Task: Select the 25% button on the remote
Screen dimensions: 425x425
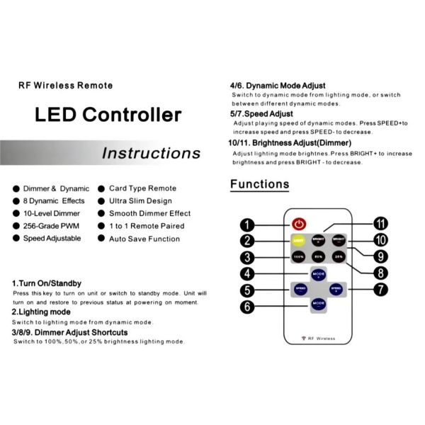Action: (339, 256)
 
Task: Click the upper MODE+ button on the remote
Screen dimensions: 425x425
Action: (318, 273)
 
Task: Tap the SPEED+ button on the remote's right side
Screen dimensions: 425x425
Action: (337, 289)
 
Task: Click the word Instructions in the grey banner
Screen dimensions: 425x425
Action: (151, 153)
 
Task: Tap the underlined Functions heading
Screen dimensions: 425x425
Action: (259, 184)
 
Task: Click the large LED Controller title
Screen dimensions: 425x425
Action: (108, 115)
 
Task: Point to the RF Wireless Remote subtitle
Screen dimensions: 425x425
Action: (65, 86)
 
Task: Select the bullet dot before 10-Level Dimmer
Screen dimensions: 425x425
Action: (16, 213)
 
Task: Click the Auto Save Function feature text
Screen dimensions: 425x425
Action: (144, 239)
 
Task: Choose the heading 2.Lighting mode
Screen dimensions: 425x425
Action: (41, 312)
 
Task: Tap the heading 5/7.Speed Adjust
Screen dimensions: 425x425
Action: (261, 113)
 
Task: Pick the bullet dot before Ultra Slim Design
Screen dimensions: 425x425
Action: (101, 201)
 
